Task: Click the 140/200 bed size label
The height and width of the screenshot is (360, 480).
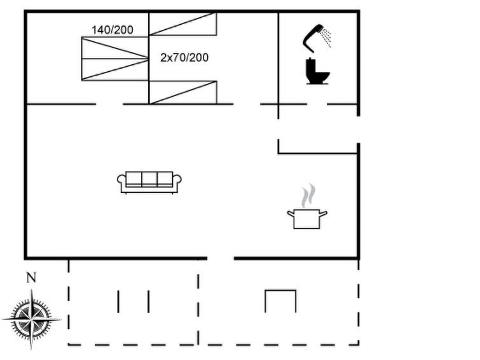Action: [x=113, y=30]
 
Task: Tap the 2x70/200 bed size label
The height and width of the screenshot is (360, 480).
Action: [x=184, y=58]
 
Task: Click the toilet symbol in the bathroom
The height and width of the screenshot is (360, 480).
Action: [x=317, y=71]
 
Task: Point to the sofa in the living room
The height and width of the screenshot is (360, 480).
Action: [x=149, y=183]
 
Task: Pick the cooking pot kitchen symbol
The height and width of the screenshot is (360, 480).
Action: [x=307, y=219]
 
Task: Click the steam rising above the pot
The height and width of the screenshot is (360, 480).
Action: [x=308, y=195]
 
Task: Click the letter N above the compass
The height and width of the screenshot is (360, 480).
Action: [x=31, y=277]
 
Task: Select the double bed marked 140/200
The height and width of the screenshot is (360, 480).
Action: [x=115, y=59]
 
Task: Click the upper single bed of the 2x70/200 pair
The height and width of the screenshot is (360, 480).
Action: [x=182, y=24]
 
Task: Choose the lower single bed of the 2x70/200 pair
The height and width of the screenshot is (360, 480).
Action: [x=182, y=92]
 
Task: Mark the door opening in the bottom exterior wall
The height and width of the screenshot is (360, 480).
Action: [x=221, y=258]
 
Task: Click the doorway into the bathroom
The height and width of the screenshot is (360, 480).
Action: [x=317, y=104]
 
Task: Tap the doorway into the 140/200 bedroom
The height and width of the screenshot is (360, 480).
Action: [x=109, y=104]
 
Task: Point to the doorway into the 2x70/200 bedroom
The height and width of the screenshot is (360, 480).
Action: [x=247, y=104]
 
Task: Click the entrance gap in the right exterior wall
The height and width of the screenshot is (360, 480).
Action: [x=358, y=130]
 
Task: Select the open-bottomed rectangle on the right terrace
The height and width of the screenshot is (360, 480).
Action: [x=280, y=290]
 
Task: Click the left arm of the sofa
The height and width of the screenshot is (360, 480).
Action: [x=121, y=183]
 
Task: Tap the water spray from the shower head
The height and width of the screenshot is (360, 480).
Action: [x=326, y=38]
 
